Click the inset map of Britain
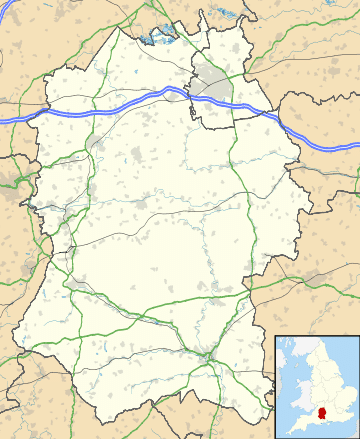point(316,386)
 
